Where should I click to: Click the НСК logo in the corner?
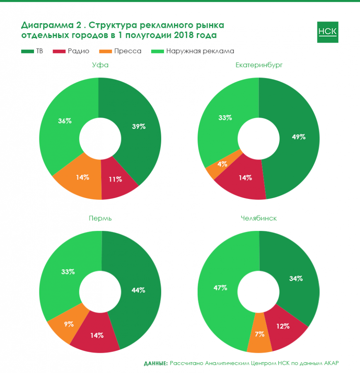(327, 31)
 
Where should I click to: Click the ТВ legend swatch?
(27, 51)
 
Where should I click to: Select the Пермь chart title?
(100, 218)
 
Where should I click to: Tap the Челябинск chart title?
(259, 218)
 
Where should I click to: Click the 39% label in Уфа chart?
(138, 126)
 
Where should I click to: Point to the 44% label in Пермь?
(138, 290)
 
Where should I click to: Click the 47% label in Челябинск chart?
(220, 287)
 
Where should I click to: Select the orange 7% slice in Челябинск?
(260, 334)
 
